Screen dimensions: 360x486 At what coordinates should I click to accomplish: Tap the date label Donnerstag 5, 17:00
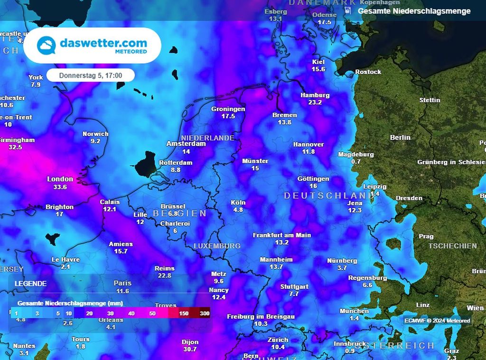click(91, 76)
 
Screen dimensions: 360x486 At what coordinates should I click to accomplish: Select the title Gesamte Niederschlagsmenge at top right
click(414, 11)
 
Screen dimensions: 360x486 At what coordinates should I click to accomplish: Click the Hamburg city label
click(315, 95)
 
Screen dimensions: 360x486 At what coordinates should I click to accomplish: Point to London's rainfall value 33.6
click(60, 187)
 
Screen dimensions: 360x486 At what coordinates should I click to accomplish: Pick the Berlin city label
click(400, 137)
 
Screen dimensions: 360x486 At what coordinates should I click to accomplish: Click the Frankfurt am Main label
click(282, 235)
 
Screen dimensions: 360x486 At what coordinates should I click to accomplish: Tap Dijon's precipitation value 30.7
click(190, 349)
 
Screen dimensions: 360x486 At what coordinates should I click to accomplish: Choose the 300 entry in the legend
click(205, 313)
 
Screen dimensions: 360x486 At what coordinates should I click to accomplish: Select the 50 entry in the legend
click(152, 313)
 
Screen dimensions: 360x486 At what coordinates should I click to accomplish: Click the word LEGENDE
click(31, 284)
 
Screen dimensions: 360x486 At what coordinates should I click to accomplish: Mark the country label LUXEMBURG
click(217, 246)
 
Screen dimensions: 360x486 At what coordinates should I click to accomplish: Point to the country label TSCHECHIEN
click(452, 246)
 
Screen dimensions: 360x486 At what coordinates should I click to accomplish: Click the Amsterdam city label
click(186, 143)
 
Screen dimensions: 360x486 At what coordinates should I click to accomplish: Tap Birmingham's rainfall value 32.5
click(15, 147)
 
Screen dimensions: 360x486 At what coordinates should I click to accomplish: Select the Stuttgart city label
click(294, 287)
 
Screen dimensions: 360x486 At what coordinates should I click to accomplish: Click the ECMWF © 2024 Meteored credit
click(437, 321)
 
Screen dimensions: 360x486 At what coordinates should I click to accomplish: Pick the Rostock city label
click(368, 72)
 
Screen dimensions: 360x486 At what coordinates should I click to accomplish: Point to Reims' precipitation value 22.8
click(165, 275)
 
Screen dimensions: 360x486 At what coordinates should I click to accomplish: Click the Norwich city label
click(95, 134)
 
